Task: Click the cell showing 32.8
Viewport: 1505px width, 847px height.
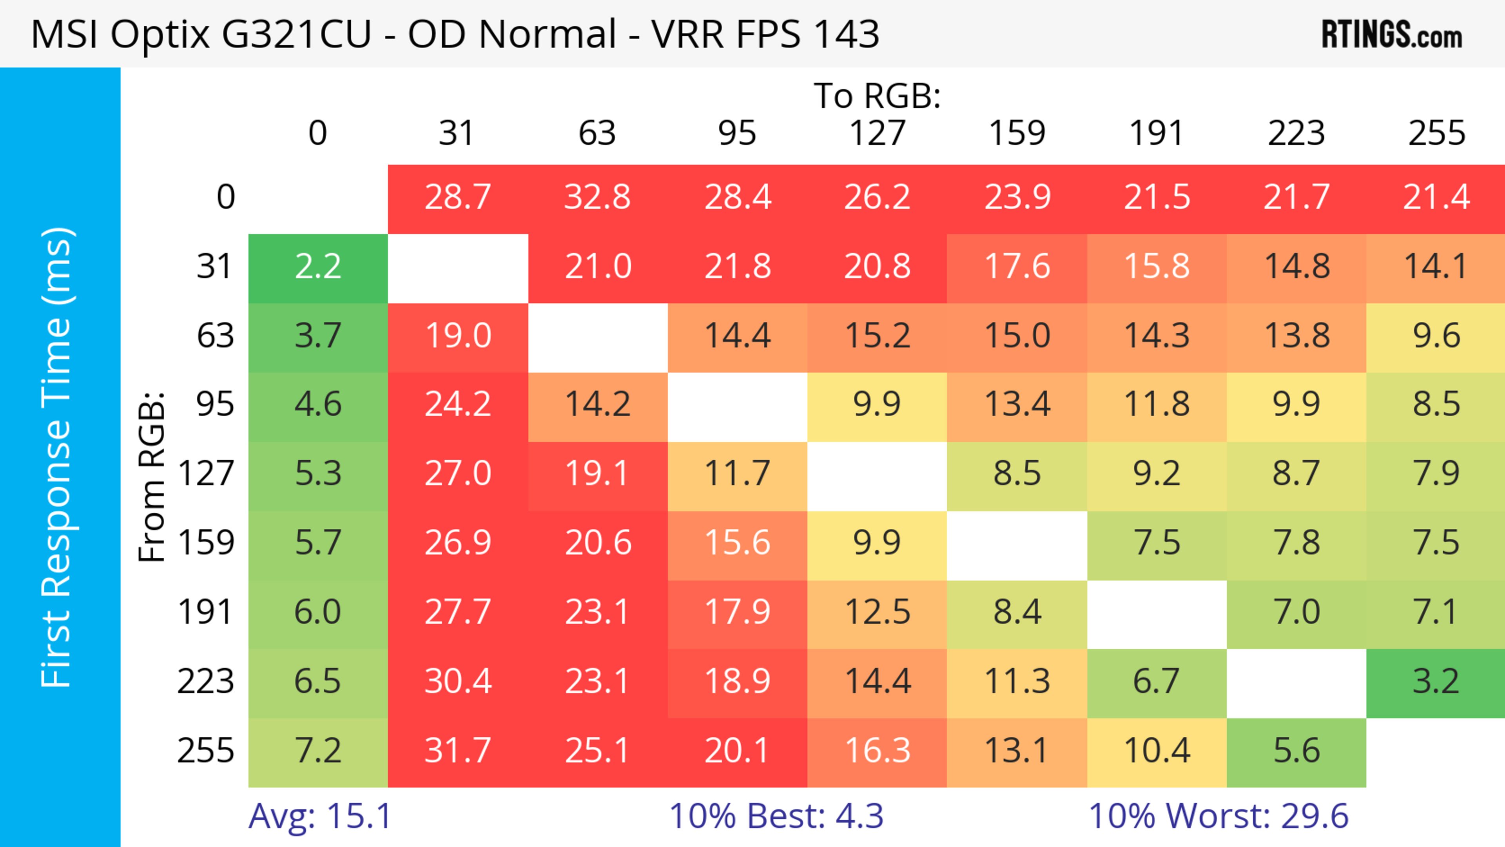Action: click(598, 198)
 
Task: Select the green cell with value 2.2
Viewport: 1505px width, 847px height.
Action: click(318, 267)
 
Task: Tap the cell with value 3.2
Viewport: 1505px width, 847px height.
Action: click(1436, 682)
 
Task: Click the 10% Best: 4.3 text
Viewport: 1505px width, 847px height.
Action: click(776, 816)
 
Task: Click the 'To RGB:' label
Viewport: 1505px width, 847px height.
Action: click(877, 96)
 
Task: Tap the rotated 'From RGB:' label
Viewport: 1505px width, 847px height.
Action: click(152, 477)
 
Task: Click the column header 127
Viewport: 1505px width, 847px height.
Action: click(877, 133)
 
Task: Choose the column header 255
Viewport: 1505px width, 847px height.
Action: click(1436, 133)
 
